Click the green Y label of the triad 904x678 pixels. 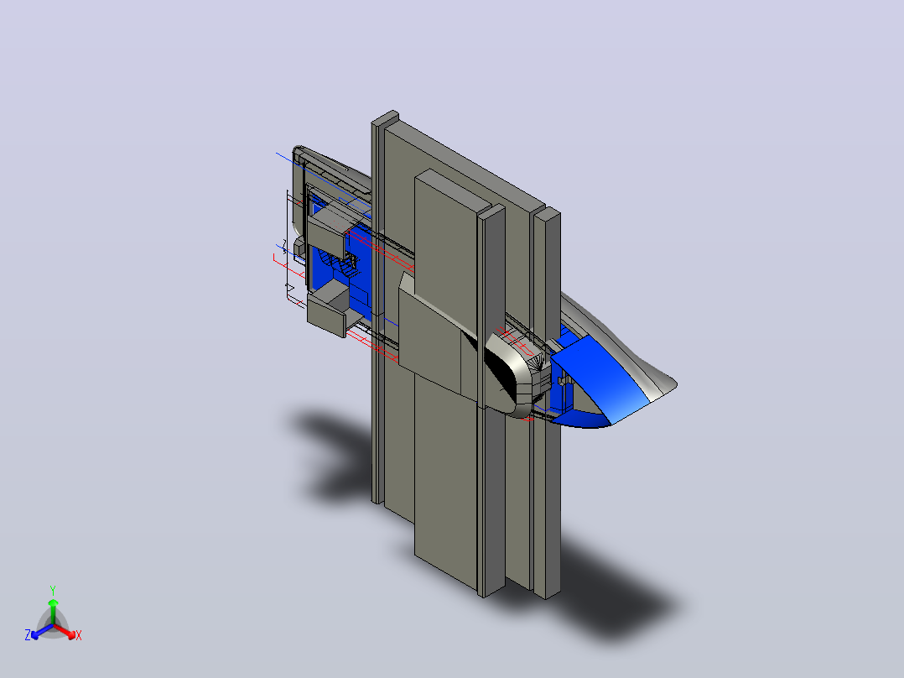click(53, 590)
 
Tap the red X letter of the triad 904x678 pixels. click(79, 635)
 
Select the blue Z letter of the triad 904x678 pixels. click(28, 635)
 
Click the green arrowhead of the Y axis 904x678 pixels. click(53, 603)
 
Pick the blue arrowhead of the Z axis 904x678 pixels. click(35, 634)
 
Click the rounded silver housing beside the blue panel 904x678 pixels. click(516, 375)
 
